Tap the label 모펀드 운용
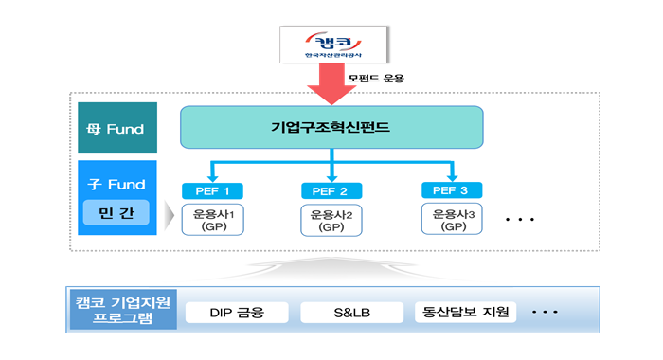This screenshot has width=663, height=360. pyautogui.click(x=376, y=77)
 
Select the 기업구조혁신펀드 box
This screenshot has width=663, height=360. pyautogui.click(x=331, y=127)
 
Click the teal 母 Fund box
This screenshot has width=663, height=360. pyautogui.click(x=118, y=128)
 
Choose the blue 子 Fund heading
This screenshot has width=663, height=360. pyautogui.click(x=118, y=184)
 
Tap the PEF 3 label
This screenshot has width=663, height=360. pyautogui.click(x=451, y=190)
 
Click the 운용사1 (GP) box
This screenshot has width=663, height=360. pyautogui.click(x=211, y=220)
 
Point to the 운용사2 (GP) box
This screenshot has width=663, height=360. pyautogui.click(x=331, y=220)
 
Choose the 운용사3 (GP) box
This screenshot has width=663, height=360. pyautogui.click(x=451, y=219)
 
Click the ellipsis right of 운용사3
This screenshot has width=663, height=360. pyautogui.click(x=520, y=220)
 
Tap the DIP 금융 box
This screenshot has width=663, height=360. pyautogui.click(x=237, y=312)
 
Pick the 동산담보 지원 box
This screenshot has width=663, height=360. pyautogui.click(x=465, y=311)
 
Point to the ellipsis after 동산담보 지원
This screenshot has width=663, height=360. pyautogui.click(x=546, y=311)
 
